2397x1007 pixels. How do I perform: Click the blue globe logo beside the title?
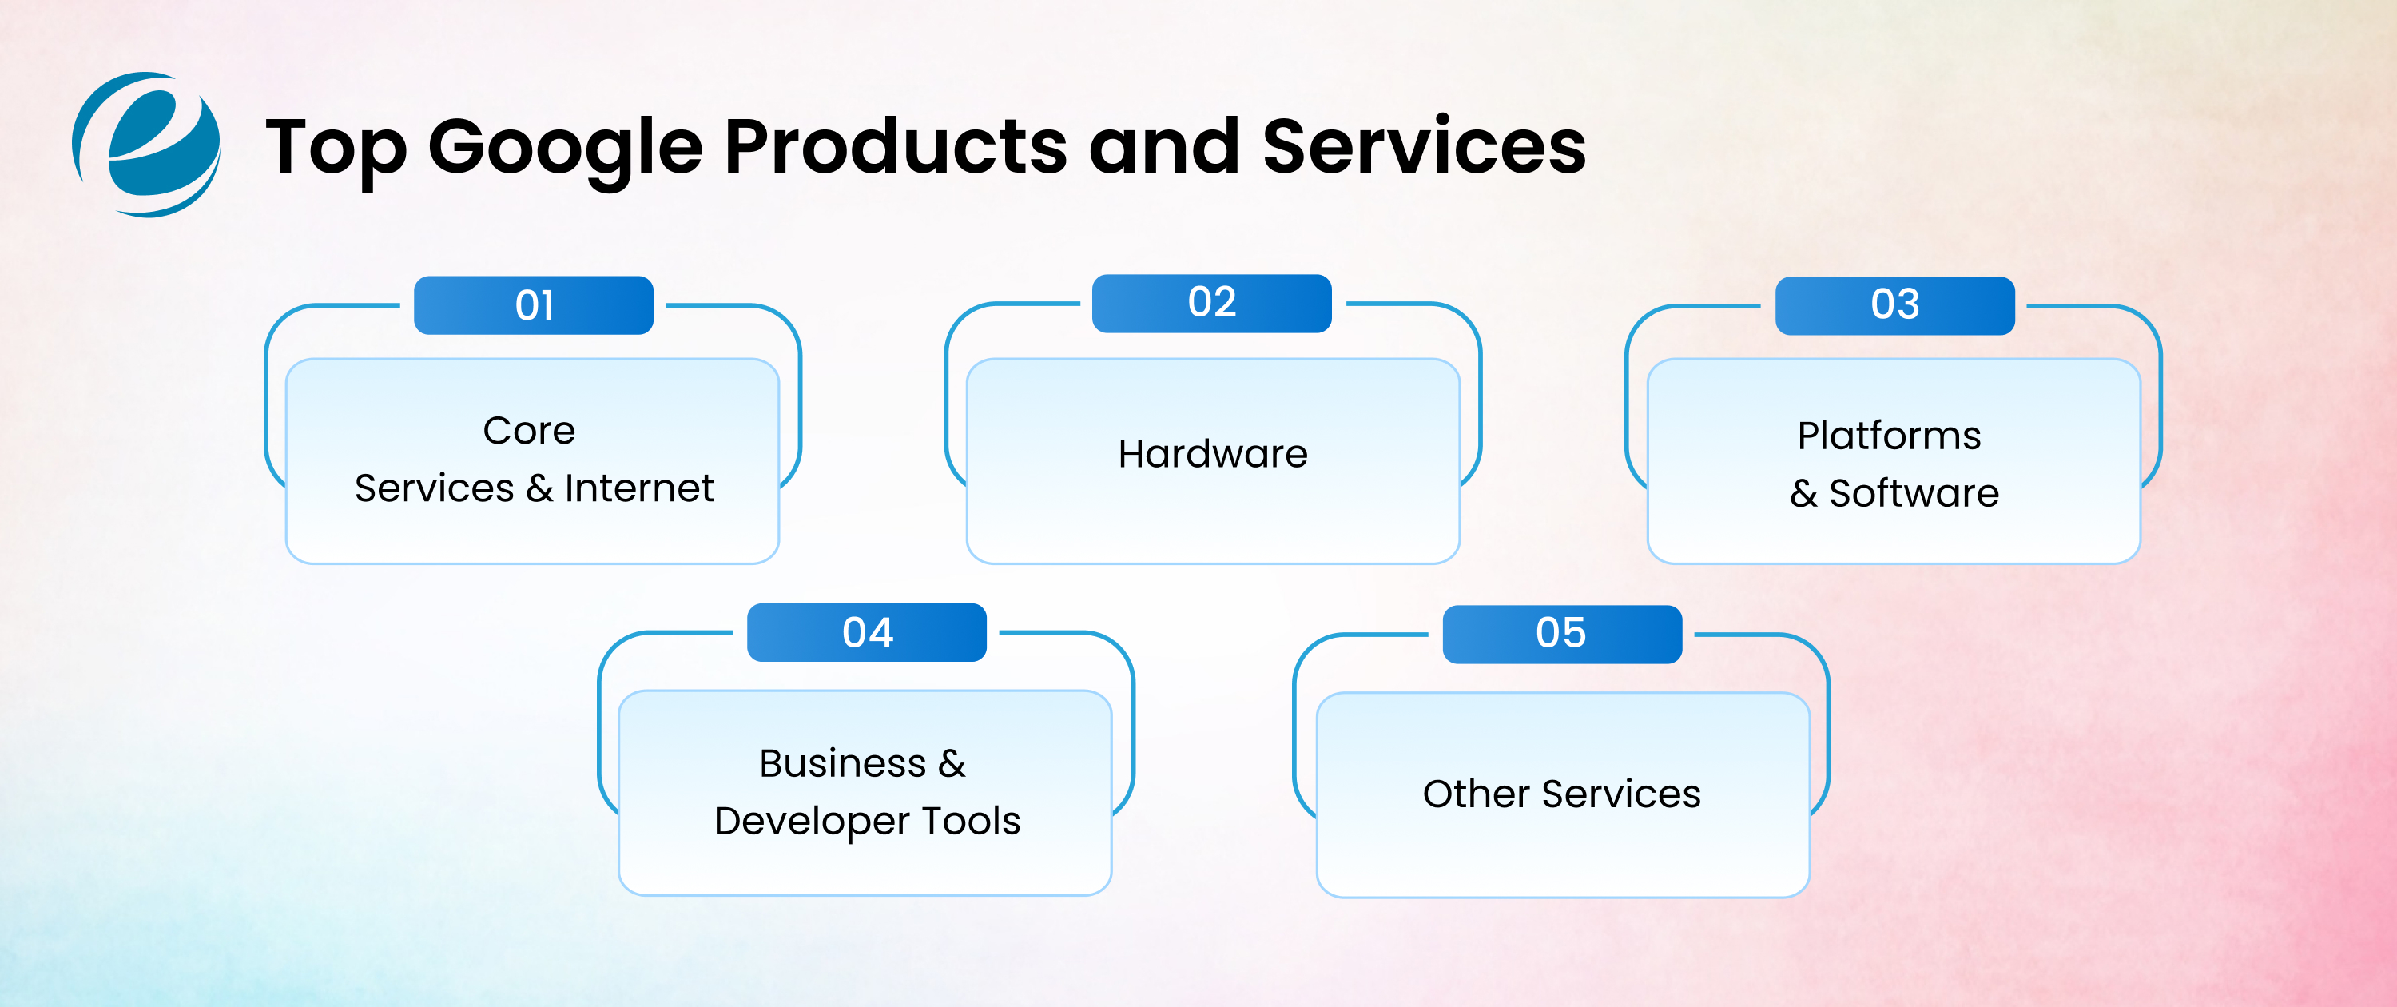(146, 145)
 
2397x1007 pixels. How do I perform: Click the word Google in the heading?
(565, 147)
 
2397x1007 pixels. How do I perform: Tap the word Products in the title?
(895, 146)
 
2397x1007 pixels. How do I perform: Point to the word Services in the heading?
(1424, 146)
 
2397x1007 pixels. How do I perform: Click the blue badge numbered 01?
(533, 305)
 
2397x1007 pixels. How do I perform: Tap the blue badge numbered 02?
(1211, 302)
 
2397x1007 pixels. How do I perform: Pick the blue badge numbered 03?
(1894, 305)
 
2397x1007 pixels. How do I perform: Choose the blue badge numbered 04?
(866, 633)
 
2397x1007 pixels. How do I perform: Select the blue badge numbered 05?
(1561, 634)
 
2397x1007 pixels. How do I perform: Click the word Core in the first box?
(528, 431)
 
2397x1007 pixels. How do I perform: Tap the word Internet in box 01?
(639, 488)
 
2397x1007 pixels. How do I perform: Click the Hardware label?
(1212, 454)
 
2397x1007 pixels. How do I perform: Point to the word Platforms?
(1889, 436)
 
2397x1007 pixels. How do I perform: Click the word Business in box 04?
(842, 763)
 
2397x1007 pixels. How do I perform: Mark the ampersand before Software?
(1803, 494)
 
